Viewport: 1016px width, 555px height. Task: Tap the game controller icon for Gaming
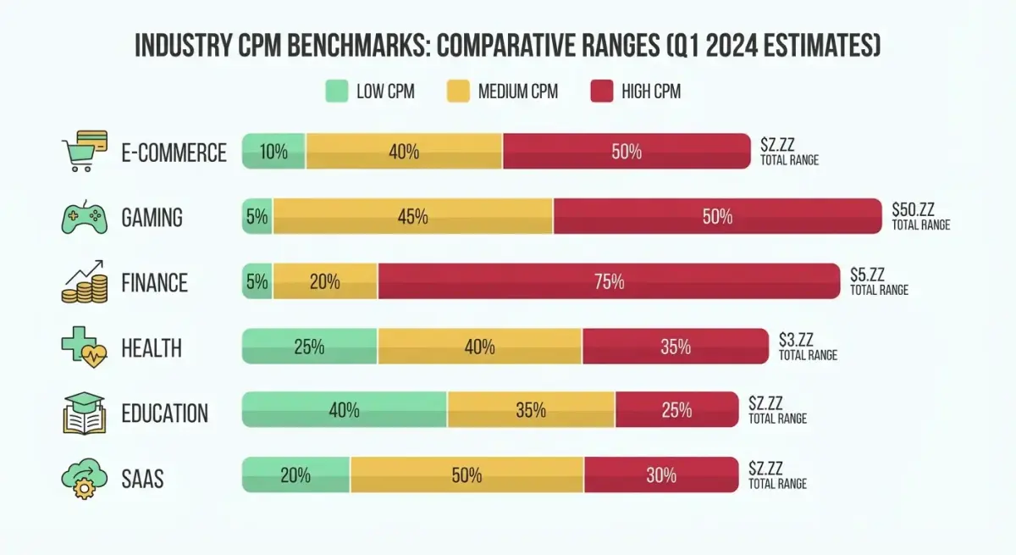[x=83, y=217]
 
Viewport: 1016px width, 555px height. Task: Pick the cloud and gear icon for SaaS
[x=83, y=477]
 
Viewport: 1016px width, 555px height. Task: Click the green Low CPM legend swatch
[x=337, y=92]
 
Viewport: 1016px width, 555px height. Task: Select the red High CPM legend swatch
[x=601, y=92]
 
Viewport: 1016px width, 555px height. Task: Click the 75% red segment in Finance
[x=609, y=281]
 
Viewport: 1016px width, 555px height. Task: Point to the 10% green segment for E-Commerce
[x=273, y=152]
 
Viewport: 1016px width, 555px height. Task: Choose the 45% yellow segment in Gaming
[x=412, y=217]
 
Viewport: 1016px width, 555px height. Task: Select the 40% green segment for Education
[x=344, y=410]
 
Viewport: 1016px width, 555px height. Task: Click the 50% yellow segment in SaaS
[x=467, y=475]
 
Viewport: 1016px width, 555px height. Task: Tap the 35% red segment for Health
[x=675, y=347]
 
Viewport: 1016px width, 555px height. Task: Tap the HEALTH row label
[x=151, y=348]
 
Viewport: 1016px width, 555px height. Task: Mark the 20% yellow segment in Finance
[x=324, y=281]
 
